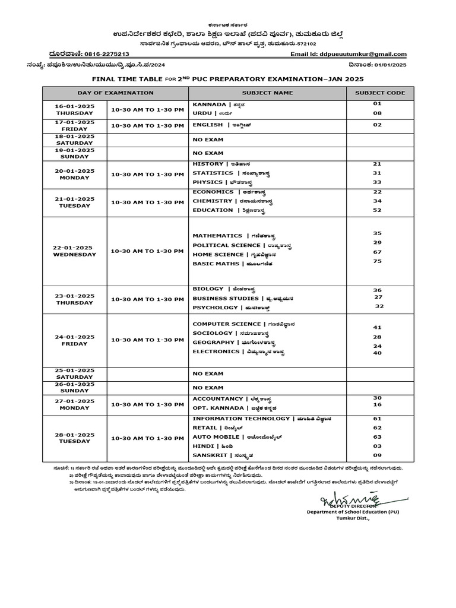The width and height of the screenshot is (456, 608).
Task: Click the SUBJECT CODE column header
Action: coord(380,93)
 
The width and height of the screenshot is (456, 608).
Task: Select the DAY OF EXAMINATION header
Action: coord(115,93)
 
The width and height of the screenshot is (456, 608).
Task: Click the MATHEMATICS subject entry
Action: coord(217,236)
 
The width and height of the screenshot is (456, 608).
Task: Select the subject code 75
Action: coord(377,262)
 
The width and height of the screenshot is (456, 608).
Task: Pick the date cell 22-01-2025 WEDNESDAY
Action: coord(74,251)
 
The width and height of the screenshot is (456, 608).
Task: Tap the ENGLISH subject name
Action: coord(208,125)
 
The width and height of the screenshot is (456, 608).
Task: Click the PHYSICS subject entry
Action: coord(208,182)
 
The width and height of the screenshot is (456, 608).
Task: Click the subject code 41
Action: coord(377,327)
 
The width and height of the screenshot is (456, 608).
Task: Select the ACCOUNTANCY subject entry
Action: coord(218,399)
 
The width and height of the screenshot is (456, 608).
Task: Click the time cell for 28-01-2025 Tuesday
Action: coord(148,438)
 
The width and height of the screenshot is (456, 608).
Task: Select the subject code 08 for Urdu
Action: coord(377,113)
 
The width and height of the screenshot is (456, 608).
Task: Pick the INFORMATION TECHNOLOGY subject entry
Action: coord(241,419)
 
